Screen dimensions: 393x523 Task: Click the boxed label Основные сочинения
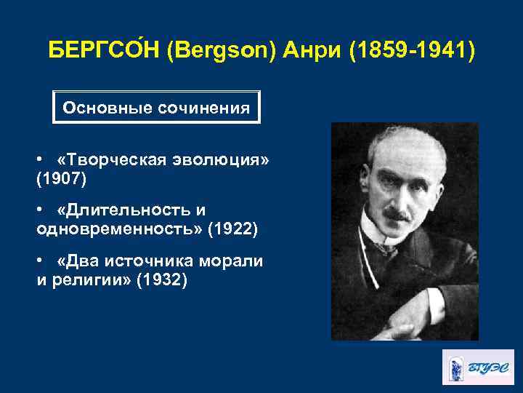coord(156,108)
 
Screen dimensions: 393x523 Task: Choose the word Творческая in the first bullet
coord(110,159)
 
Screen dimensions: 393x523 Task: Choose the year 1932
coord(166,279)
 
